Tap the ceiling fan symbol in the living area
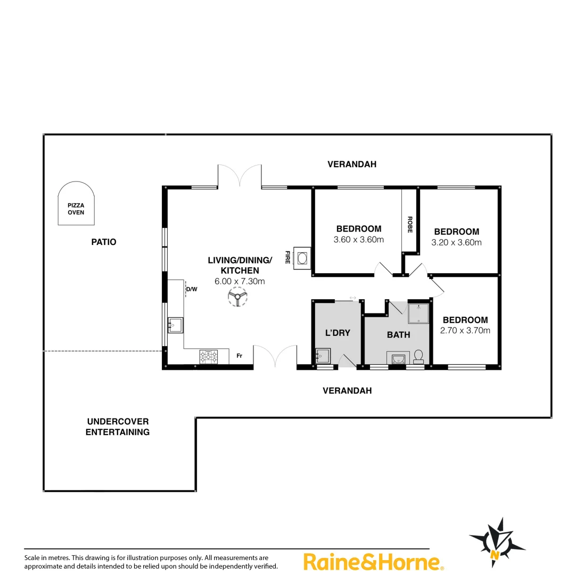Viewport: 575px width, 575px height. pyautogui.click(x=237, y=297)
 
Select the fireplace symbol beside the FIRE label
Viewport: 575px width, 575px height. pyautogui.click(x=302, y=259)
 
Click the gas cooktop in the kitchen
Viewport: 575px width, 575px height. pyautogui.click(x=208, y=357)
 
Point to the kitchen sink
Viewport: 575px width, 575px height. pyautogui.click(x=175, y=324)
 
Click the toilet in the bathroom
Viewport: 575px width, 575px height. pyautogui.click(x=418, y=356)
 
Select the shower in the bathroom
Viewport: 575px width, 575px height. pyautogui.click(x=418, y=314)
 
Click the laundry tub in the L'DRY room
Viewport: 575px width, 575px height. pyautogui.click(x=323, y=355)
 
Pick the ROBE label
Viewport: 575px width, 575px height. pyautogui.click(x=410, y=225)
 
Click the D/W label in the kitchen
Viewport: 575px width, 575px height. pyautogui.click(x=192, y=290)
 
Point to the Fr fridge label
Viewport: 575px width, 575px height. pyautogui.click(x=240, y=356)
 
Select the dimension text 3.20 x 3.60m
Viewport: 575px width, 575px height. pyautogui.click(x=457, y=242)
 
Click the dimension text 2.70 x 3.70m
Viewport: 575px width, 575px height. pyautogui.click(x=465, y=331)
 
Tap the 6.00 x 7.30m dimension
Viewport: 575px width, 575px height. pyautogui.click(x=240, y=281)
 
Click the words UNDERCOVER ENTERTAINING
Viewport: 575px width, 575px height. pyautogui.click(x=118, y=427)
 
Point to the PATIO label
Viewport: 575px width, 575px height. pyautogui.click(x=104, y=242)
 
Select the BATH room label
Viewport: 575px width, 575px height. pyautogui.click(x=398, y=335)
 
